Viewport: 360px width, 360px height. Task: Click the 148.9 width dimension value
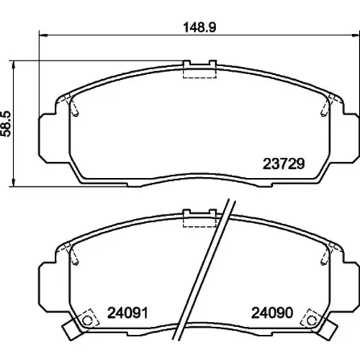[x=199, y=27]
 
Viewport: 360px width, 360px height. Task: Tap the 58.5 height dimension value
[x=6, y=124]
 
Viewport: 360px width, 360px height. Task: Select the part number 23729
[x=284, y=164]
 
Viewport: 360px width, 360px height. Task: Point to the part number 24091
[x=127, y=312]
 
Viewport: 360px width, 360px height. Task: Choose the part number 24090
[x=272, y=312]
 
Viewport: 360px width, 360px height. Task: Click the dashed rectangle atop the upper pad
[x=199, y=72]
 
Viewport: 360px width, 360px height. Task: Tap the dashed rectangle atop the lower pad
[x=199, y=221]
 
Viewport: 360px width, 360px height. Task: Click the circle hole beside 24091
[x=87, y=320]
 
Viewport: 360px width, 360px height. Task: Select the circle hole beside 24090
[x=312, y=320]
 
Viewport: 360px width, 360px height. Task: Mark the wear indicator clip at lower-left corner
[x=71, y=330]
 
